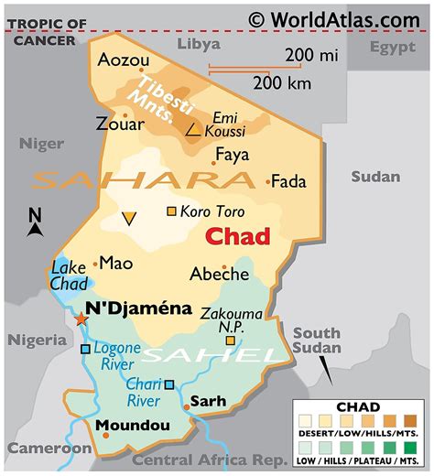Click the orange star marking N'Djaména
pos(81,319)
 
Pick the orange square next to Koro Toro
pos(171,212)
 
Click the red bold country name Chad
pos(237,237)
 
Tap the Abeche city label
pos(219,273)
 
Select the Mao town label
pos(115,263)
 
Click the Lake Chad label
pos(69,276)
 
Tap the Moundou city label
pos(132,426)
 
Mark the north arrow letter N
pos(35,216)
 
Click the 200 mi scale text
pos(313,57)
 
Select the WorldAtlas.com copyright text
pos(333,16)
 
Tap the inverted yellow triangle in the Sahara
pos(129,218)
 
